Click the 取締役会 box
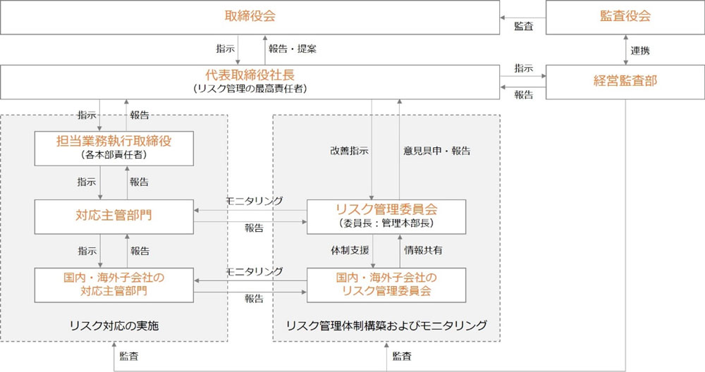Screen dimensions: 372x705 pos(250,17)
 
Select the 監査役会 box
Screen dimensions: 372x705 pos(625,17)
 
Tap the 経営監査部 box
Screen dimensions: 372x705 pos(625,81)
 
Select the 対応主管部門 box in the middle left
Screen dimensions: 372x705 pos(114,216)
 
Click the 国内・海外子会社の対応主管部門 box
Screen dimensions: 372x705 pos(114,283)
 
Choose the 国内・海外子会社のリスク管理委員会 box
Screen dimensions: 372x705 pos(386,283)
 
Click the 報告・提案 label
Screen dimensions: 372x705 pos(293,49)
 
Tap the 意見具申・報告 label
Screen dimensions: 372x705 pos(436,151)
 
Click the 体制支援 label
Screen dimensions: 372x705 pos(345,249)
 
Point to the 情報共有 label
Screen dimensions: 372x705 pos(423,249)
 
